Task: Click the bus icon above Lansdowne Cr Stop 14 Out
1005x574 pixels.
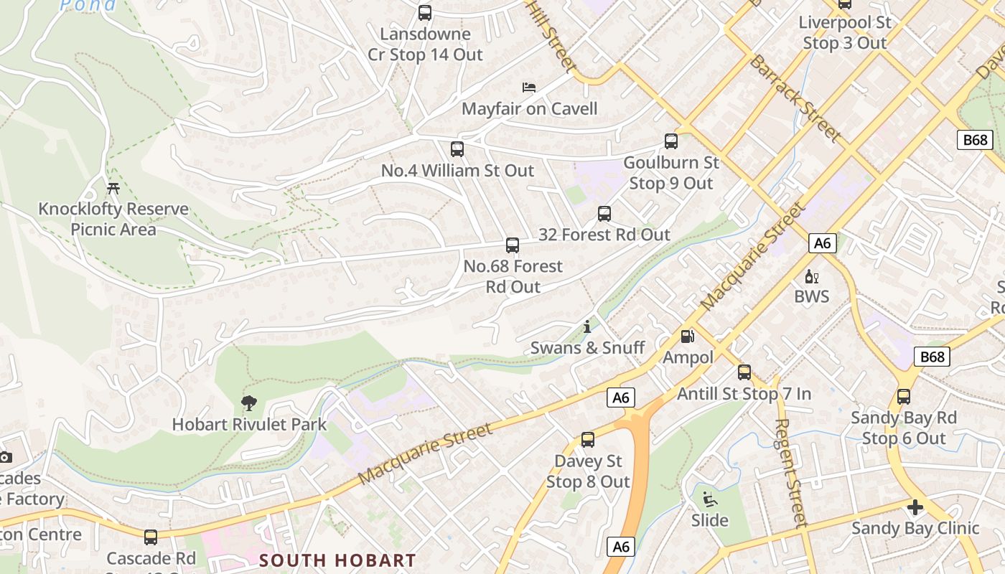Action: click(x=425, y=13)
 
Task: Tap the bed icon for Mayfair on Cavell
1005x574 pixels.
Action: click(x=529, y=88)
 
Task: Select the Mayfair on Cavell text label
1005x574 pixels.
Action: click(x=529, y=109)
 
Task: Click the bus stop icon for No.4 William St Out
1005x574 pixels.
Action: click(x=457, y=149)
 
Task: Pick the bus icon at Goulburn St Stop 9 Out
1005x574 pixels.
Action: click(x=671, y=141)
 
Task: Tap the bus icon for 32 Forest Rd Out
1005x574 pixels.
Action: click(x=604, y=213)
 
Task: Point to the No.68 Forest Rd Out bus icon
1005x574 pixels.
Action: click(x=513, y=245)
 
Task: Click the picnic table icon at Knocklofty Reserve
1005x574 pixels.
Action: click(x=113, y=189)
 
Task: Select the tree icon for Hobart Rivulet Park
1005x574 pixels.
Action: click(x=249, y=403)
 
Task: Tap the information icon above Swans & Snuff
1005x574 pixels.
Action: click(x=587, y=326)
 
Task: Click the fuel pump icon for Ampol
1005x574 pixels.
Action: click(x=688, y=336)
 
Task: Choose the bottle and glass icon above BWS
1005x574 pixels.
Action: click(x=812, y=276)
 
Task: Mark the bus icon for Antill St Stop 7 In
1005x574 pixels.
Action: click(x=744, y=372)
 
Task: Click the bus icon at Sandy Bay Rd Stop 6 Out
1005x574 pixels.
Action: click(x=904, y=397)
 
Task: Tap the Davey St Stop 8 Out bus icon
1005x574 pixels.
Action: click(x=588, y=440)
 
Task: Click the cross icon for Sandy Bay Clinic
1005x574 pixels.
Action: click(x=915, y=507)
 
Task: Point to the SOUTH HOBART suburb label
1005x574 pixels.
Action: click(x=337, y=560)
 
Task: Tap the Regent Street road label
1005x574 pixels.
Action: click(x=791, y=474)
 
